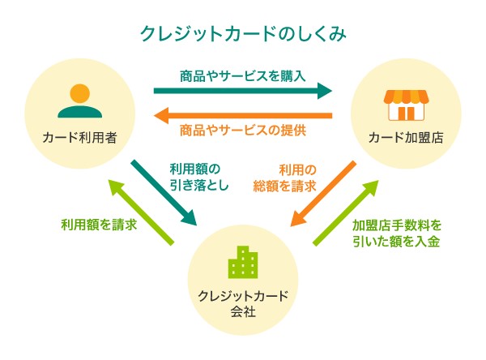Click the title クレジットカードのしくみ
(243, 34)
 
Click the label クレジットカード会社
(243, 302)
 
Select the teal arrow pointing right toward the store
(243, 90)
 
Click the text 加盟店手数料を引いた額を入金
(397, 232)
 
